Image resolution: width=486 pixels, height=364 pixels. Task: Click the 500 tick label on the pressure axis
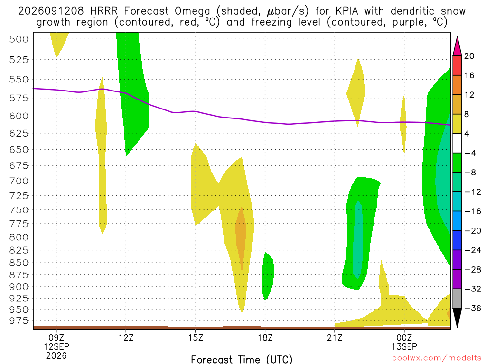[19, 39]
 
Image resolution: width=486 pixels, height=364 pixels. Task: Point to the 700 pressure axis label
[19, 181]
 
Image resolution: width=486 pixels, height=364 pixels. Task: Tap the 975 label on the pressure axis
[19, 321]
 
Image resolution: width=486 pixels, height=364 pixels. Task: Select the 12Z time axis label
[126, 337]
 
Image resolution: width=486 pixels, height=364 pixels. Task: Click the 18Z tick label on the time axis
[265, 337]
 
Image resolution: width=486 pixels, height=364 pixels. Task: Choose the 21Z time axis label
[335, 337]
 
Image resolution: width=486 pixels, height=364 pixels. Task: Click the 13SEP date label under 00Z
[404, 346]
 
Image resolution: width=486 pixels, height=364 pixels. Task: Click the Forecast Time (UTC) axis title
[242, 359]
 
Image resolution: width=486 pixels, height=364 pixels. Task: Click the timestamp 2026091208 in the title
[51, 11]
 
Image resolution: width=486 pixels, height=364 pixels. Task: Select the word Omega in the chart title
[193, 12]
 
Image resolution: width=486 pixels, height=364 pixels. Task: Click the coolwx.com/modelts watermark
[437, 358]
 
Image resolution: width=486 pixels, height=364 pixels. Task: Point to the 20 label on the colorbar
[469, 56]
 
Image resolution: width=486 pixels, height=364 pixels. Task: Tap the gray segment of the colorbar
[457, 299]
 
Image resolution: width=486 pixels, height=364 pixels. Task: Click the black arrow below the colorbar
[457, 317]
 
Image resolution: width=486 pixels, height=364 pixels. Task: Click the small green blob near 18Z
[268, 275]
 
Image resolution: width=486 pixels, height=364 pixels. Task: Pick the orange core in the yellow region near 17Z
[241, 239]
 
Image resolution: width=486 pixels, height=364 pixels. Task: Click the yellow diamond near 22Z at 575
[356, 93]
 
